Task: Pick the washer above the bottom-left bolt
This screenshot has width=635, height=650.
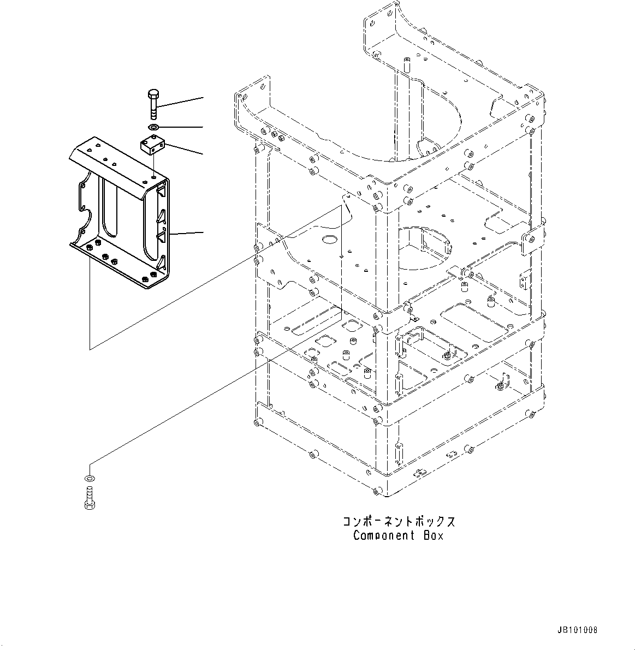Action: (x=89, y=479)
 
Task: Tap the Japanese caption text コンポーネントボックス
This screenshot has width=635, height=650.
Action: (x=399, y=521)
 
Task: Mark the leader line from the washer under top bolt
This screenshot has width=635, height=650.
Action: (x=183, y=127)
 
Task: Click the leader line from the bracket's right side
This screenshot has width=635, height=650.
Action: (x=187, y=233)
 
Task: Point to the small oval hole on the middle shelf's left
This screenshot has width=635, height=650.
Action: (x=330, y=239)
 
